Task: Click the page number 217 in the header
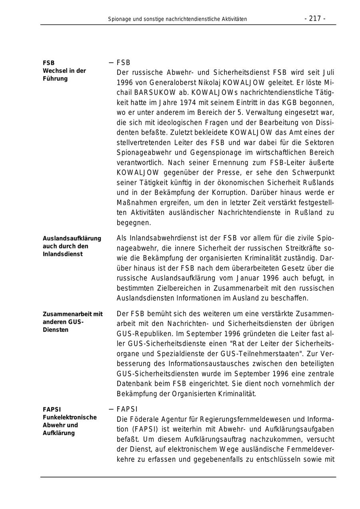click(x=315, y=18)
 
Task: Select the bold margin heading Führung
click(x=55, y=79)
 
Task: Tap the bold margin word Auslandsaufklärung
click(x=72, y=238)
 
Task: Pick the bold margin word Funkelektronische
click(x=70, y=417)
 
